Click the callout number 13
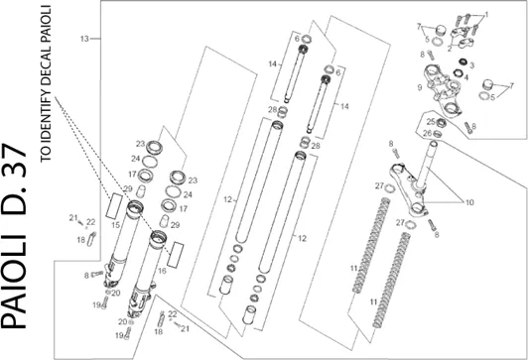tap(84, 39)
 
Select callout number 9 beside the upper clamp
tap(420, 87)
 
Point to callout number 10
tap(469, 202)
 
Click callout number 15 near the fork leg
tap(115, 225)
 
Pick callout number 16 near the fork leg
tap(162, 271)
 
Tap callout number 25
tap(431, 121)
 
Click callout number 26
tap(428, 133)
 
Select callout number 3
tap(471, 65)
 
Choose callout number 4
tap(466, 77)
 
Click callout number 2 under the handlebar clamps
tap(450, 50)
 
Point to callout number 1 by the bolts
tap(486, 15)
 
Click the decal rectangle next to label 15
tap(114, 206)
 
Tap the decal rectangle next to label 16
tap(176, 255)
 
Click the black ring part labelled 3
tap(463, 61)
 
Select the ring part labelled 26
tap(437, 133)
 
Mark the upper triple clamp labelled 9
tap(442, 88)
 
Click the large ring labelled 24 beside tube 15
tap(150, 162)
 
